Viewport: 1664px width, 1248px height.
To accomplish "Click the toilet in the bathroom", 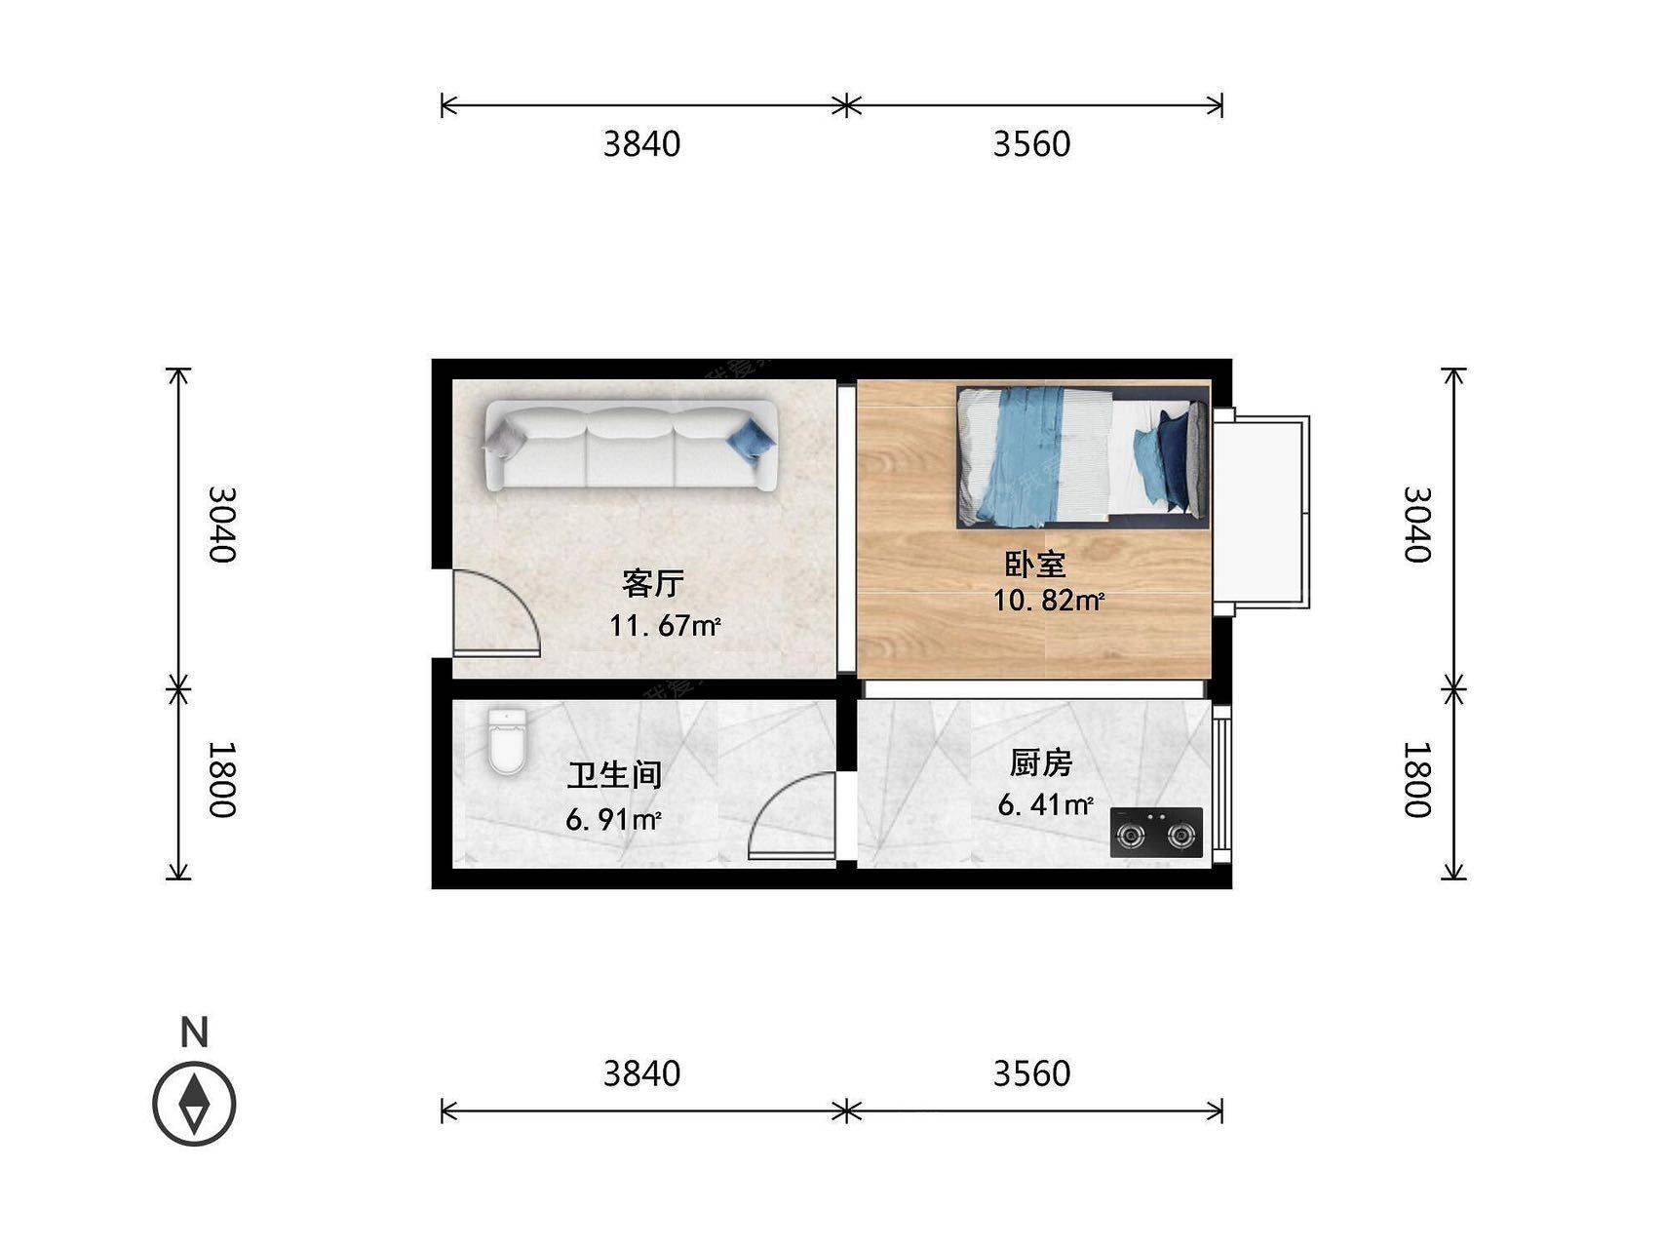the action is coord(507,742).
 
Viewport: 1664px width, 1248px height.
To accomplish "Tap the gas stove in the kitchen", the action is coord(1156,833).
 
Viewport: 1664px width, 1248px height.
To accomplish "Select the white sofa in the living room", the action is coord(630,446).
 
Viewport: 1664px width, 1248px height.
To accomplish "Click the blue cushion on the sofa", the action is coord(752,439).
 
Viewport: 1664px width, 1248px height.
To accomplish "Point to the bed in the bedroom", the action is coord(1083,457).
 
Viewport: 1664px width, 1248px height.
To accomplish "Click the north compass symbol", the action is coord(195,1103).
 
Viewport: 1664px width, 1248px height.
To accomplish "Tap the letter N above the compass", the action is coord(195,1032).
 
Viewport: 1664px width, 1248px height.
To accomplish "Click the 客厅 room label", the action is coord(653,583).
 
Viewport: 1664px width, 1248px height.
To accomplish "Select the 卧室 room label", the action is coord(1035,564).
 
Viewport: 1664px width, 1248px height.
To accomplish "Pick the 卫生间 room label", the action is coord(615,775).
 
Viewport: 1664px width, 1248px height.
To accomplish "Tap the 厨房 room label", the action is coord(1041,762).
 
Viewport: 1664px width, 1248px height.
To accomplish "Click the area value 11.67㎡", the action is coord(665,625).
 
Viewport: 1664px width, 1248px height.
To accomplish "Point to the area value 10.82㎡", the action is coord(1048,601).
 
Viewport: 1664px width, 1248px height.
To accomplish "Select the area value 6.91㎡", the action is coord(613,819).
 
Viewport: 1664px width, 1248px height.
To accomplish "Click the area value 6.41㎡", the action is coord(1045,805).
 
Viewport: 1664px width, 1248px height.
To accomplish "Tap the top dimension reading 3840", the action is coord(641,144).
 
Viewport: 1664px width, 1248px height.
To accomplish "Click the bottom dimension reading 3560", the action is coord(1031,1073).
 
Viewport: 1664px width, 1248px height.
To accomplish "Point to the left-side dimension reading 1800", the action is coord(222,780).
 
